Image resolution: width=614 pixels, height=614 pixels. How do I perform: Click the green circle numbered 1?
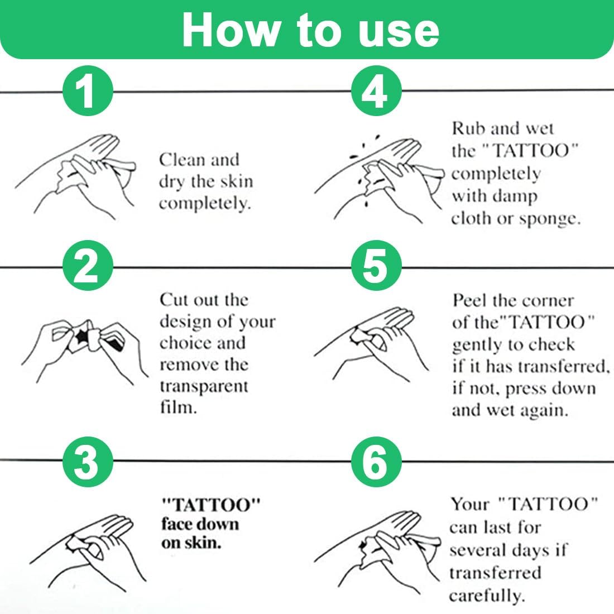88,91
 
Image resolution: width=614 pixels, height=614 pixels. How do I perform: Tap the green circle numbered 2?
88,266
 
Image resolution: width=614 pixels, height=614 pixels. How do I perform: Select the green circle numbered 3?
88,462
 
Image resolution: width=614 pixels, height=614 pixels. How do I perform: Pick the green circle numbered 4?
376,91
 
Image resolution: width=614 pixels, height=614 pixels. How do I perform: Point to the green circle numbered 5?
376,266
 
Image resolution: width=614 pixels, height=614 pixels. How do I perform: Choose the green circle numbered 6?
376,462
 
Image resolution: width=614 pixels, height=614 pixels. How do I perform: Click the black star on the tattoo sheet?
82,337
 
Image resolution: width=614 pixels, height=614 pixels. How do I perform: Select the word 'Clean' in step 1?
182,160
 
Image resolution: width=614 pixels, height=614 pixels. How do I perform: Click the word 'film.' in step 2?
178,407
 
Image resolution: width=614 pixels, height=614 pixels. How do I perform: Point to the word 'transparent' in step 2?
204,386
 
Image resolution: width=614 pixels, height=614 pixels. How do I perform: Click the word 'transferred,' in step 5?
564,366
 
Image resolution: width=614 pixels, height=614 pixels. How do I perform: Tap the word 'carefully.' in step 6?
486,596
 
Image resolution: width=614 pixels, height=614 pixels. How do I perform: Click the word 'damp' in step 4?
516,196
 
